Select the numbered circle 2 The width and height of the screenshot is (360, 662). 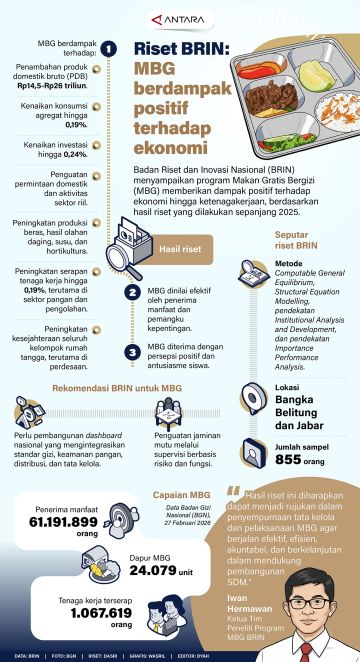click(x=131, y=292)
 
